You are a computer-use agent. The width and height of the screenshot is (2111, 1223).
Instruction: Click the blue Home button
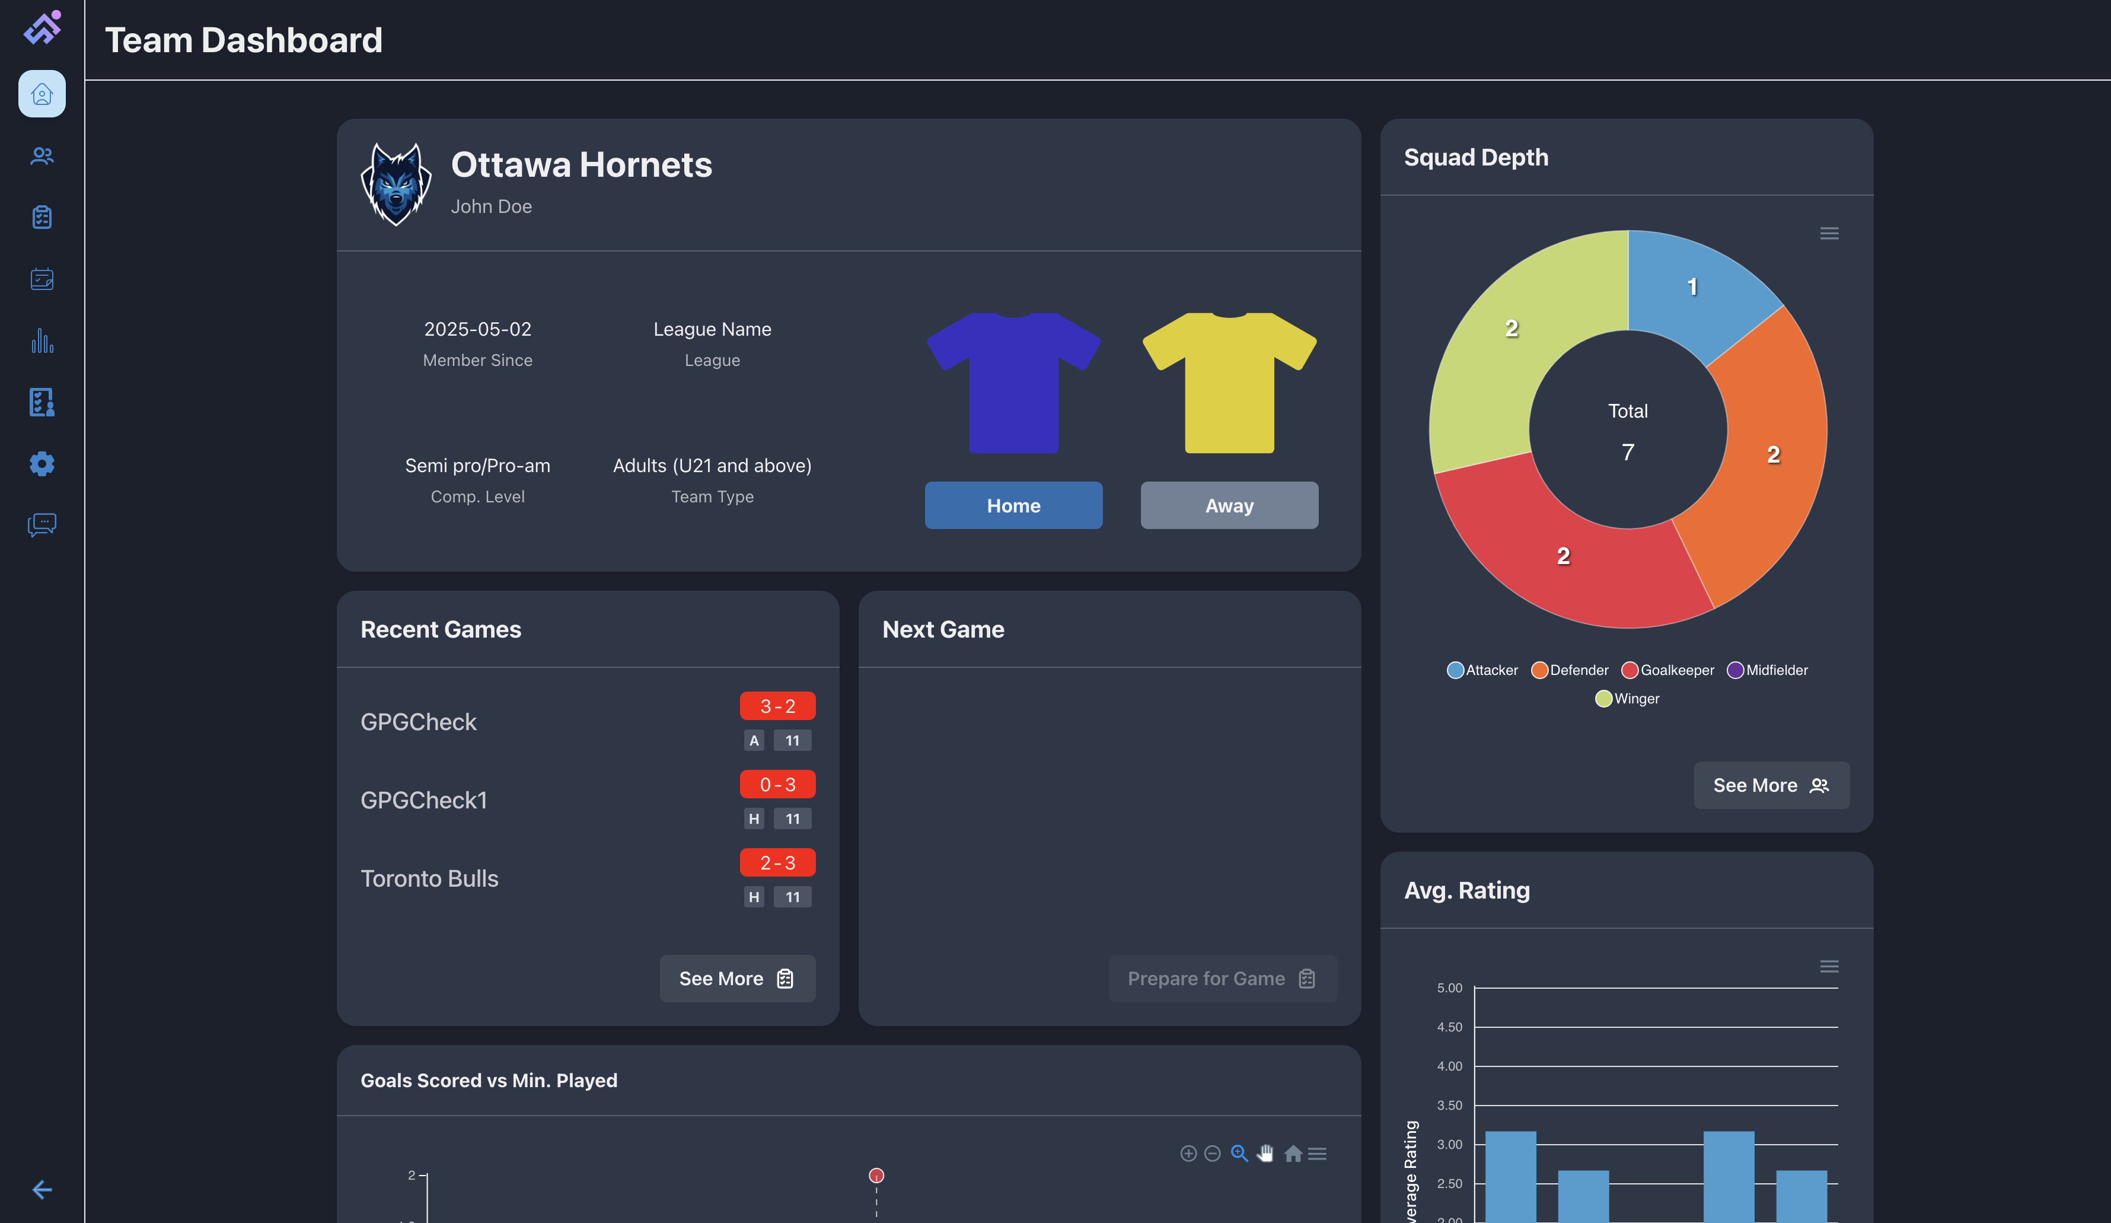pyautogui.click(x=1013, y=505)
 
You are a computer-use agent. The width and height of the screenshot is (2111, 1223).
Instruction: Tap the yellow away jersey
pyautogui.click(x=1229, y=382)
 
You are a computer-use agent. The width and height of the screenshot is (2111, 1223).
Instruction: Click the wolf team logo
pyautogui.click(x=396, y=183)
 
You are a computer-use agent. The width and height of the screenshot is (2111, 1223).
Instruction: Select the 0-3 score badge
pyautogui.click(x=777, y=784)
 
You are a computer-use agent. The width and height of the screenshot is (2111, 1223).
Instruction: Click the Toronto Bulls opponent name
pyautogui.click(x=429, y=878)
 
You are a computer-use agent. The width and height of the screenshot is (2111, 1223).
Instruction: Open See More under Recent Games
pyautogui.click(x=736, y=979)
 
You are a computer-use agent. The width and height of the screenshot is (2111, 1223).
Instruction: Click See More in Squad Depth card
pyautogui.click(x=1770, y=785)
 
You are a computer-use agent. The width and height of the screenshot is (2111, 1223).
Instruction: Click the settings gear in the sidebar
pyautogui.click(x=42, y=463)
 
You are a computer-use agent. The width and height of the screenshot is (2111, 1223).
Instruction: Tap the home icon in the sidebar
pyautogui.click(x=42, y=94)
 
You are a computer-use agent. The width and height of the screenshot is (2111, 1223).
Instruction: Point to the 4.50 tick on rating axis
pyautogui.click(x=1449, y=1027)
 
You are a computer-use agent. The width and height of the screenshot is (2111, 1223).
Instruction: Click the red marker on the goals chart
pyautogui.click(x=876, y=1175)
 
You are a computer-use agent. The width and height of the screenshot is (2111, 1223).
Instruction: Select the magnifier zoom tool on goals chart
pyautogui.click(x=1239, y=1154)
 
